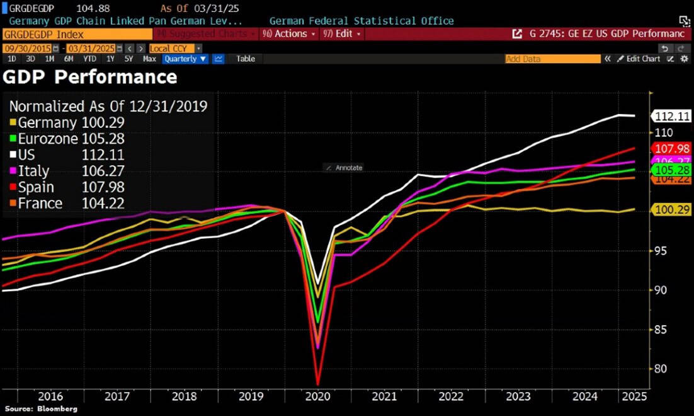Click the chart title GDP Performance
(90, 78)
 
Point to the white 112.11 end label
(673, 117)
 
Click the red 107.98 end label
(673, 149)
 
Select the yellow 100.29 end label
(673, 211)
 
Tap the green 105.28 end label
(673, 170)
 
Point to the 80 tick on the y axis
(659, 369)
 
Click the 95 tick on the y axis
(659, 251)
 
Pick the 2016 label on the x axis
(50, 397)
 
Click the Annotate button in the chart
(344, 168)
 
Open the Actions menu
(290, 33)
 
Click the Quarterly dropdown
(185, 59)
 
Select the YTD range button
(90, 59)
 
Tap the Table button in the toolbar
(246, 59)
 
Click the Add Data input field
(552, 59)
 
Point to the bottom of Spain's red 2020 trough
(318, 384)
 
